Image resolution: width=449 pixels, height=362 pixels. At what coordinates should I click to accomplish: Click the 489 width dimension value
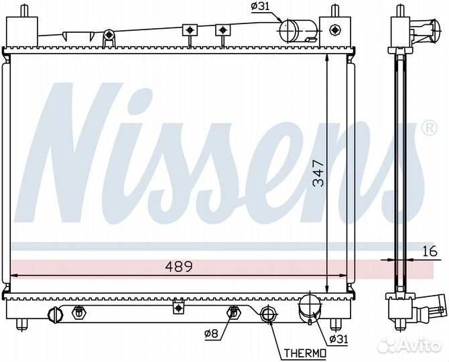[x=179, y=267]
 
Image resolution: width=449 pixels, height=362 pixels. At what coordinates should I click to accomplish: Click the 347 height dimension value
[x=318, y=174]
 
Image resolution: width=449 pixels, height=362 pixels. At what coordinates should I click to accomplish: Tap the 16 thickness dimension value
[x=430, y=251]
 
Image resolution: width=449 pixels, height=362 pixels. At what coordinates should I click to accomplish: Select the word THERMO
[x=305, y=353]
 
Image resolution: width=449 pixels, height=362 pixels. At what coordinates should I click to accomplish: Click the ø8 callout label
[x=212, y=334]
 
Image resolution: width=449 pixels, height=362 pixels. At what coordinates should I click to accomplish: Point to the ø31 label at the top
[x=260, y=7]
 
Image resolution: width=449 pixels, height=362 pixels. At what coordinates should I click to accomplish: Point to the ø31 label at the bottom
[x=338, y=339]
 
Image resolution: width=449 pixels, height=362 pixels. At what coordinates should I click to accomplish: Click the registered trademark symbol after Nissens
[x=430, y=128]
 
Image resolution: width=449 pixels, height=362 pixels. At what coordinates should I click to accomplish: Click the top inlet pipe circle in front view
[x=289, y=31]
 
